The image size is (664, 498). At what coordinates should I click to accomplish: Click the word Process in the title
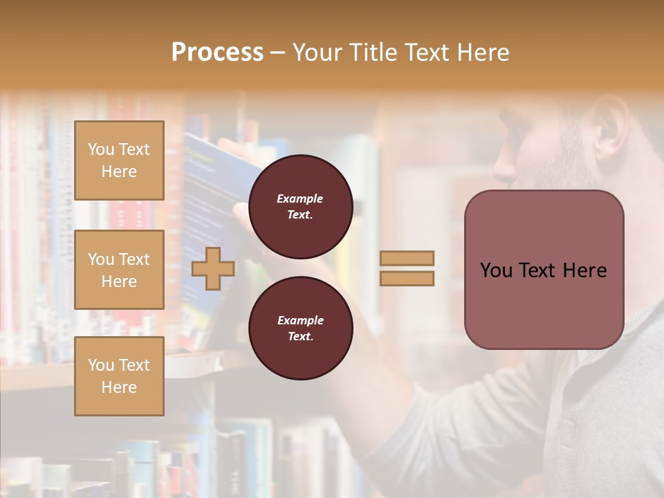tap(217, 53)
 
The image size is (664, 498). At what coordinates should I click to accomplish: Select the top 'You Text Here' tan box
tap(119, 160)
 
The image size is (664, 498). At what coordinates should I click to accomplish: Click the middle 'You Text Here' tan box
tap(119, 270)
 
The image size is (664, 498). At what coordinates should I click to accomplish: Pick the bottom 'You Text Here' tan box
tap(119, 376)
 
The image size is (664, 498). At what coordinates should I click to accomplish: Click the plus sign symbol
tap(213, 268)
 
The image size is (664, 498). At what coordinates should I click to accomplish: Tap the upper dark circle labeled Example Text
tap(300, 206)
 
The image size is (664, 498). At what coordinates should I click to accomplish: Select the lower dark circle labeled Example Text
tap(300, 328)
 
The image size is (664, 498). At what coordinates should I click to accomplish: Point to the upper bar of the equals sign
tap(407, 258)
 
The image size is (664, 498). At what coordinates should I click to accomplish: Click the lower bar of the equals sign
tap(407, 278)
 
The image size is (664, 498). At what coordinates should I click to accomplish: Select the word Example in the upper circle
tap(300, 199)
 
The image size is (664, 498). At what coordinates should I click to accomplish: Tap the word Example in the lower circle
tap(300, 320)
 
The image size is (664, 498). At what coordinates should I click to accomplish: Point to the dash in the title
tap(278, 53)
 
